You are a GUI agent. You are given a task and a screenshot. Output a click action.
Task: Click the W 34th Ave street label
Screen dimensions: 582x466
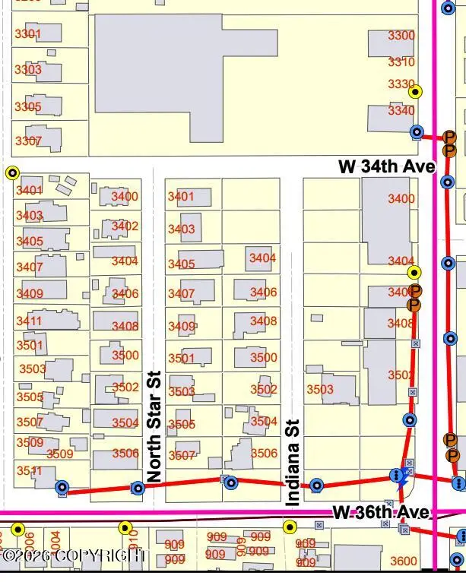(386, 166)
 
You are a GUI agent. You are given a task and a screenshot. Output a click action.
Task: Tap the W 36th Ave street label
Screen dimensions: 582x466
(382, 513)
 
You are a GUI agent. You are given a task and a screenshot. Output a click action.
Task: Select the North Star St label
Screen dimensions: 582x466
(154, 426)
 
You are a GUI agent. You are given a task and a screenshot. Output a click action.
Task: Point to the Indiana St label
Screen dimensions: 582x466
(293, 462)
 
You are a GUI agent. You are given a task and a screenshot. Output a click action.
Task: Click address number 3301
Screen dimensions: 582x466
(28, 34)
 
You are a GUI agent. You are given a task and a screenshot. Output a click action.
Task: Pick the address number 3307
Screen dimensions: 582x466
(28, 141)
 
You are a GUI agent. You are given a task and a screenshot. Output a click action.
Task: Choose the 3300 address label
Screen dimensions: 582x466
(401, 36)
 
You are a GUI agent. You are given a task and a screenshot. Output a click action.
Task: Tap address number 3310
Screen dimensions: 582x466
(401, 62)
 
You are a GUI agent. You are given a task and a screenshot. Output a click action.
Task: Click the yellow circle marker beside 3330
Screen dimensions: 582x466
(415, 92)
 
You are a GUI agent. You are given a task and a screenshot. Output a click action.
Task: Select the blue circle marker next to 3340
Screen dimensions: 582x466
(417, 131)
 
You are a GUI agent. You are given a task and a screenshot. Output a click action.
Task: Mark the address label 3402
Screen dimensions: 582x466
(125, 226)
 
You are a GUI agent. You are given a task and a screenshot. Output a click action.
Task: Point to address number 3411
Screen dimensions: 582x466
(30, 321)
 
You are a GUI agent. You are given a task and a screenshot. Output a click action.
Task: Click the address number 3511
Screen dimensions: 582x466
(30, 470)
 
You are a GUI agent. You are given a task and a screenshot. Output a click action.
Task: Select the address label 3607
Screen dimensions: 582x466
(182, 456)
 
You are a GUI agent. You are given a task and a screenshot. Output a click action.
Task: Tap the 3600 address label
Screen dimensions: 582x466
(403, 561)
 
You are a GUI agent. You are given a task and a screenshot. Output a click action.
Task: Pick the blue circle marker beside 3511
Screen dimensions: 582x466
(62, 488)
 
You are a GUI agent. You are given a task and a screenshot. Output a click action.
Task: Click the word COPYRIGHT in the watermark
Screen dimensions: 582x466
(106, 556)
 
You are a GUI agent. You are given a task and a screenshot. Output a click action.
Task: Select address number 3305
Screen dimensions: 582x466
(28, 107)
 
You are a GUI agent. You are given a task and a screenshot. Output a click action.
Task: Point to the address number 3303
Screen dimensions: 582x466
(28, 70)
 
